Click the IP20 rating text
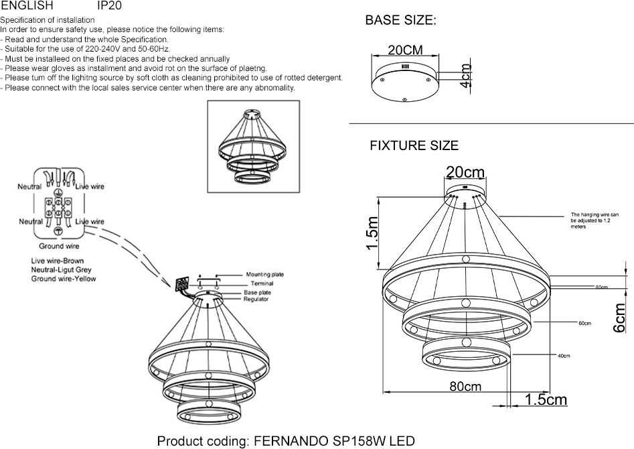click(x=110, y=5)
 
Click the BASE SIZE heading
click(x=400, y=21)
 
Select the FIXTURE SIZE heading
click(x=414, y=145)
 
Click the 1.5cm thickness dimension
click(x=546, y=400)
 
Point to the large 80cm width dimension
click(x=465, y=387)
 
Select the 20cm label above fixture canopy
click(x=465, y=173)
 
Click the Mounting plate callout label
click(x=264, y=275)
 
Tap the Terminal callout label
click(x=257, y=283)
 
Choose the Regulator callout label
click(x=256, y=300)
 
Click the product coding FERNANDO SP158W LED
click(x=286, y=441)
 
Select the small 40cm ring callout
click(x=563, y=356)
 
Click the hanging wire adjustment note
click(x=595, y=220)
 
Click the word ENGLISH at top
click(x=27, y=5)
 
